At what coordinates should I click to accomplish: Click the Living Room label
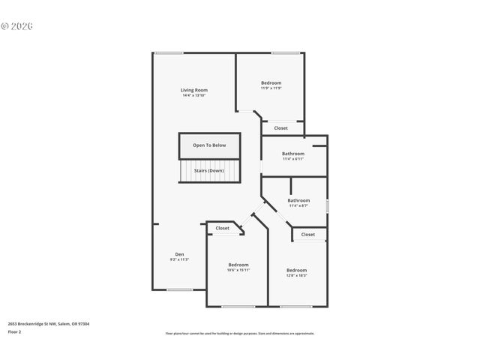point(193,90)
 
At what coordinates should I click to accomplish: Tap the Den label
point(179,253)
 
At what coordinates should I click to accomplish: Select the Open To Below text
point(208,145)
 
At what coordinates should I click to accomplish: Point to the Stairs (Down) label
point(208,170)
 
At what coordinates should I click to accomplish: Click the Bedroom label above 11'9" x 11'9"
point(271,82)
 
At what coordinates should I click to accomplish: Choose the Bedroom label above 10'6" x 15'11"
point(238,265)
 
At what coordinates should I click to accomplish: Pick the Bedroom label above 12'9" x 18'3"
point(296,270)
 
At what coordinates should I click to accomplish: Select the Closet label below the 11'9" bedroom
point(280,128)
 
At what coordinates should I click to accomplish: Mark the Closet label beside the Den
point(223,228)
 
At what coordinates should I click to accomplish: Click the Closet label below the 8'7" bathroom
point(308,235)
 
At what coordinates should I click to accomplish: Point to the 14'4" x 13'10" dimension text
point(193,95)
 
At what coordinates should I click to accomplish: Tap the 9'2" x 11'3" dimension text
point(179,259)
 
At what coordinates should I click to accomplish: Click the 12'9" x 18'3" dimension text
point(296,275)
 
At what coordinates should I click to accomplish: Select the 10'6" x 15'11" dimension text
point(238,270)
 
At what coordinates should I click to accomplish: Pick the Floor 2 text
point(15,331)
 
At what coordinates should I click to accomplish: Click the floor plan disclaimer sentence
point(239,334)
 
